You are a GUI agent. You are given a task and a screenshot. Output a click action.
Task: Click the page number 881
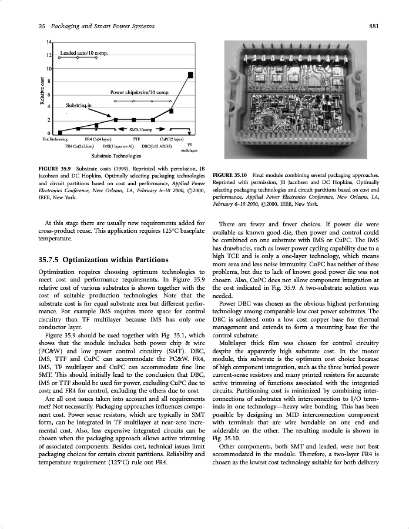click(380, 26)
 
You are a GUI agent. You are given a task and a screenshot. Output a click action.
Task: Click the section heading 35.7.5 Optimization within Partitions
click(103, 259)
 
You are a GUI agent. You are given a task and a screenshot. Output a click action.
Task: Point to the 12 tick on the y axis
click(50, 55)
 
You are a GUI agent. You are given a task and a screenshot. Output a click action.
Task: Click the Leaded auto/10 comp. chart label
click(83, 53)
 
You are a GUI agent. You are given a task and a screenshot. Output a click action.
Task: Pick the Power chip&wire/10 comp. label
click(140, 93)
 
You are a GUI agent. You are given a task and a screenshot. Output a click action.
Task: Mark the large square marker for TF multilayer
click(190, 75)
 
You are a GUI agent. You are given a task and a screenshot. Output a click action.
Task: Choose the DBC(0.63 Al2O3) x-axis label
click(156, 145)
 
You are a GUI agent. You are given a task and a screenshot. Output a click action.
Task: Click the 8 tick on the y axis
click(50, 81)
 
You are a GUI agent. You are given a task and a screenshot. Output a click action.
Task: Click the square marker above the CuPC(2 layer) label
click(171, 111)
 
